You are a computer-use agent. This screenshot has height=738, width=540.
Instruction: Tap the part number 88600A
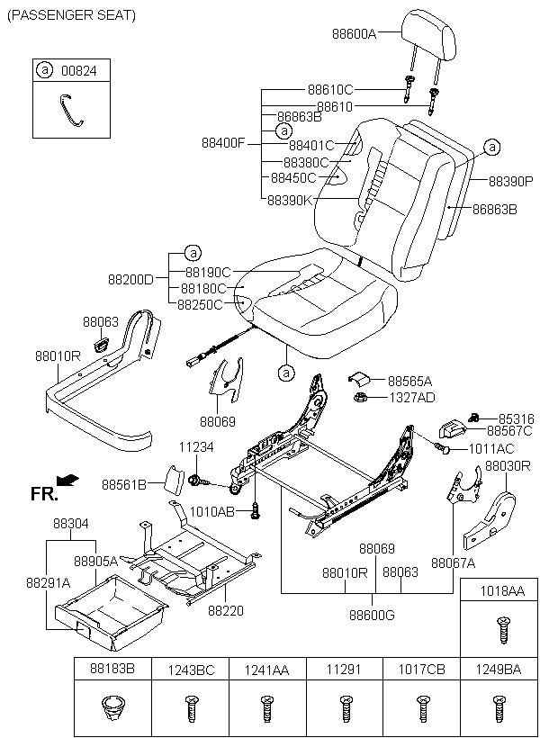355,34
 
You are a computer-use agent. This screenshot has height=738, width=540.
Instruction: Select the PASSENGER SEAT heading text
71,15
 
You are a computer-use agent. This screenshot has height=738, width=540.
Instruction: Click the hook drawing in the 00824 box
72,110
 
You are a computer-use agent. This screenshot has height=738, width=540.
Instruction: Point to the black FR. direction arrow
67,480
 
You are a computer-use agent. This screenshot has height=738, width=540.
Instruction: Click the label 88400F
223,142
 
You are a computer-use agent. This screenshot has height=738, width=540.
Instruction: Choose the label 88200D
130,280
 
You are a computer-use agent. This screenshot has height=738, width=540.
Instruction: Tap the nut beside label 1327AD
360,398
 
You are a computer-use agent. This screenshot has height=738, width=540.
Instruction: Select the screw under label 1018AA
502,631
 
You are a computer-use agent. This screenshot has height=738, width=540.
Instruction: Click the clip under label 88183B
112,708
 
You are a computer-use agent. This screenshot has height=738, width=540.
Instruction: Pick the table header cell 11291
345,669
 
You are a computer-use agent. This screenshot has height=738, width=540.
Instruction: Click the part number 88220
226,610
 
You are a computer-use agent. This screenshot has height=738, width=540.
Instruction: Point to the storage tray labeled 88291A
111,612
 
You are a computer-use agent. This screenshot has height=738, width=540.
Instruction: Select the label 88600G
372,615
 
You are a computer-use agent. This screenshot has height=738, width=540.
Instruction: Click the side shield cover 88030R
489,520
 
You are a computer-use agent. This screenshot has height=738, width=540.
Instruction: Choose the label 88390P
510,181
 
